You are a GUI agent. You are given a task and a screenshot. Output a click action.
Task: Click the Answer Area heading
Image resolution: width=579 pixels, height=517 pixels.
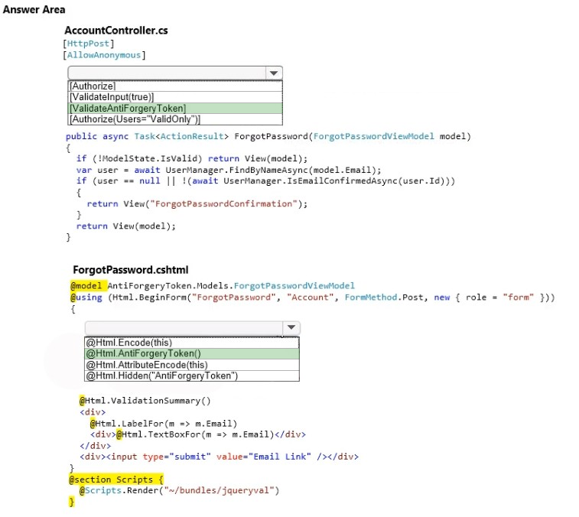pos(34,10)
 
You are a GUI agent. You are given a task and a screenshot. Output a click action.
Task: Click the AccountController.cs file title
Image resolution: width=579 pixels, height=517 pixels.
pos(116,31)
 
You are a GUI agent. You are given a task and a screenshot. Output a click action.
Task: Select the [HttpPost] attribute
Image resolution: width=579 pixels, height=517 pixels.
pos(89,44)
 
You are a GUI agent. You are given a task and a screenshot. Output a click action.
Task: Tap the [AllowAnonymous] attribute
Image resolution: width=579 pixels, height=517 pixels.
pos(104,55)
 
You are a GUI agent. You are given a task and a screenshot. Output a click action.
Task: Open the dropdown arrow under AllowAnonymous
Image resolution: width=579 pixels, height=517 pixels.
pos(274,73)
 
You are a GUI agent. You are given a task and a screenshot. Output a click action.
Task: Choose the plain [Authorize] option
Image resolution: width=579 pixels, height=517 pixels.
pos(93,86)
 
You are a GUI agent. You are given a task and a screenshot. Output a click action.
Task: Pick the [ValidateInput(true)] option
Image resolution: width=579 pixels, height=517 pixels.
pos(112,97)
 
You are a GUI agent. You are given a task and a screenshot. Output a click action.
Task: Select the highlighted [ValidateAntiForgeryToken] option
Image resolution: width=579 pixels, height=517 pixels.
pos(128,108)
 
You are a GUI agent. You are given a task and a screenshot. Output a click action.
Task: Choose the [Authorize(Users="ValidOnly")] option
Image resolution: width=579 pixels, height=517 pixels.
pos(135,119)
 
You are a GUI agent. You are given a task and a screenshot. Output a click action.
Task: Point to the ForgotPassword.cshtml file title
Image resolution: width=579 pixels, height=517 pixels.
pos(131,270)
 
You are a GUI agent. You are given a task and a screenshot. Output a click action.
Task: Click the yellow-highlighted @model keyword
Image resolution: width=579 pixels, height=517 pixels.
pos(86,286)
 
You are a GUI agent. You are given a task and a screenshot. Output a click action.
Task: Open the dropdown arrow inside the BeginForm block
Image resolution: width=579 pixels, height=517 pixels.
pos(291,327)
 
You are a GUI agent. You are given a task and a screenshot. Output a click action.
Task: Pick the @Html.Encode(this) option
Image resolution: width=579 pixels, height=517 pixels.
pos(128,343)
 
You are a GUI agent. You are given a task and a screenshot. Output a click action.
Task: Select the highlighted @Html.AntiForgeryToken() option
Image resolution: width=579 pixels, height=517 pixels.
pos(143,353)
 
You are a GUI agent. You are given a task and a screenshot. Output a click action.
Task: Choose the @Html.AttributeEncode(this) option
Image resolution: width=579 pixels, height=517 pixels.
pos(147,365)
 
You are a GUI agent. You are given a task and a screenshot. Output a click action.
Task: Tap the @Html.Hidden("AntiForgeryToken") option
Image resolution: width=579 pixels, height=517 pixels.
pos(161,376)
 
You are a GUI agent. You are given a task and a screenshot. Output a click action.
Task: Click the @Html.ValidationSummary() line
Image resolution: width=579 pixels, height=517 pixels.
pos(145,401)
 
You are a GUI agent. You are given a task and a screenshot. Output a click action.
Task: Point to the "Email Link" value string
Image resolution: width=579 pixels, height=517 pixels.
pos(279,457)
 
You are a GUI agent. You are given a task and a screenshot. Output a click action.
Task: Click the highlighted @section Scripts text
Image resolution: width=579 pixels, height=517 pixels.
pos(116,480)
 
